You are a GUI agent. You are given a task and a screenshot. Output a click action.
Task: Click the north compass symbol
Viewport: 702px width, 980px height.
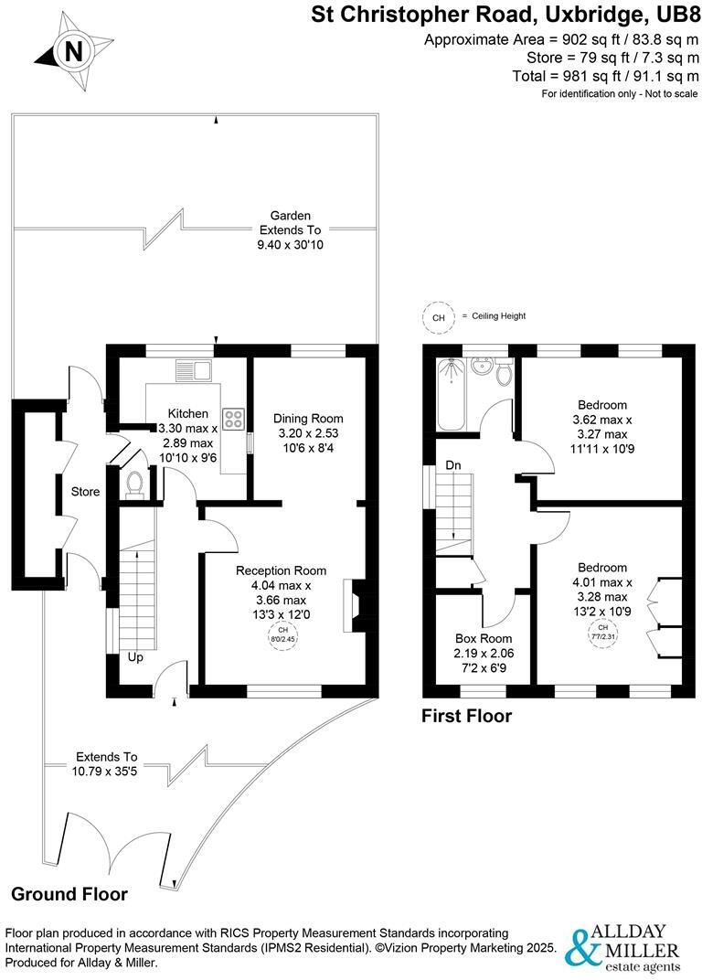coord(72,51)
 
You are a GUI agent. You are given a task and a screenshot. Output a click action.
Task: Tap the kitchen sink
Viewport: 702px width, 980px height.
coord(194,370)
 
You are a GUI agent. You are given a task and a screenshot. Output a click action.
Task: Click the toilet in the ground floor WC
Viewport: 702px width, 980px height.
coord(135,482)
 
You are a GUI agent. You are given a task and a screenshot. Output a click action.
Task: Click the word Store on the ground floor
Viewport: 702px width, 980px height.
coord(86,492)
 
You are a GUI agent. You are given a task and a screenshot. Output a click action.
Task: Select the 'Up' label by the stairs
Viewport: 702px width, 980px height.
coord(134,657)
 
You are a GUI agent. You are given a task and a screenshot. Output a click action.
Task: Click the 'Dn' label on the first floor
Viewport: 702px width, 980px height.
coord(453,465)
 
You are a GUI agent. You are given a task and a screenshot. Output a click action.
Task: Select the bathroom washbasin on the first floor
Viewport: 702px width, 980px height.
coord(501,373)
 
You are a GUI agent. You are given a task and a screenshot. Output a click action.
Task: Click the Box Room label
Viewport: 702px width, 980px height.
coord(484,638)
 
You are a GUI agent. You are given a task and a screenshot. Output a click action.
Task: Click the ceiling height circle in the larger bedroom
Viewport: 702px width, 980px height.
coord(602,630)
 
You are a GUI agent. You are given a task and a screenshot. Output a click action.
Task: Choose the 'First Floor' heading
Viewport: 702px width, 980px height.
coord(466,717)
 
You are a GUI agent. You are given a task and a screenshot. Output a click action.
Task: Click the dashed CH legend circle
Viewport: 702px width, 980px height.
coord(439,317)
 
